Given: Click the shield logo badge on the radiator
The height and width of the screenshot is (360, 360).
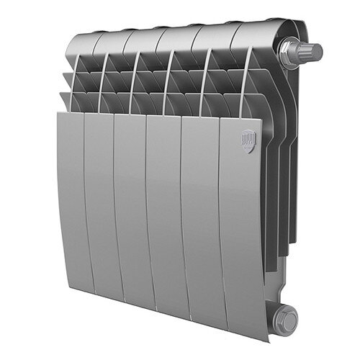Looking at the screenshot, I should [248, 138].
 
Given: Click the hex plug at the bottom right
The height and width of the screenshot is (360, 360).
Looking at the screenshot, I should [286, 317].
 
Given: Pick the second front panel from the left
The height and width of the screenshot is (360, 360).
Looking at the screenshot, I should [100, 212].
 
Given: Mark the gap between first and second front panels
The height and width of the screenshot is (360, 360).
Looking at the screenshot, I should [85, 209].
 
